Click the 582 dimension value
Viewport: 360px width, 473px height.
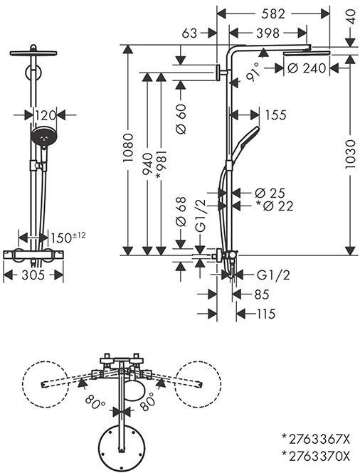coord(272,14)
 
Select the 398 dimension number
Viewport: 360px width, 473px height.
coord(268,33)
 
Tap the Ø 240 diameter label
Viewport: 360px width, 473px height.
coord(307,68)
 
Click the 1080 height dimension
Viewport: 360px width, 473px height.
coord(128,148)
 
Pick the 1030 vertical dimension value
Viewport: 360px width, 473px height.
coord(350,154)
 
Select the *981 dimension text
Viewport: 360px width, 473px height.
coord(161,166)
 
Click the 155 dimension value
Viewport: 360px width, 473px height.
coord(275,115)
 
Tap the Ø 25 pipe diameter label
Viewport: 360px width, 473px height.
coord(270,193)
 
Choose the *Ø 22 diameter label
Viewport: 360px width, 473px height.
coord(275,206)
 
